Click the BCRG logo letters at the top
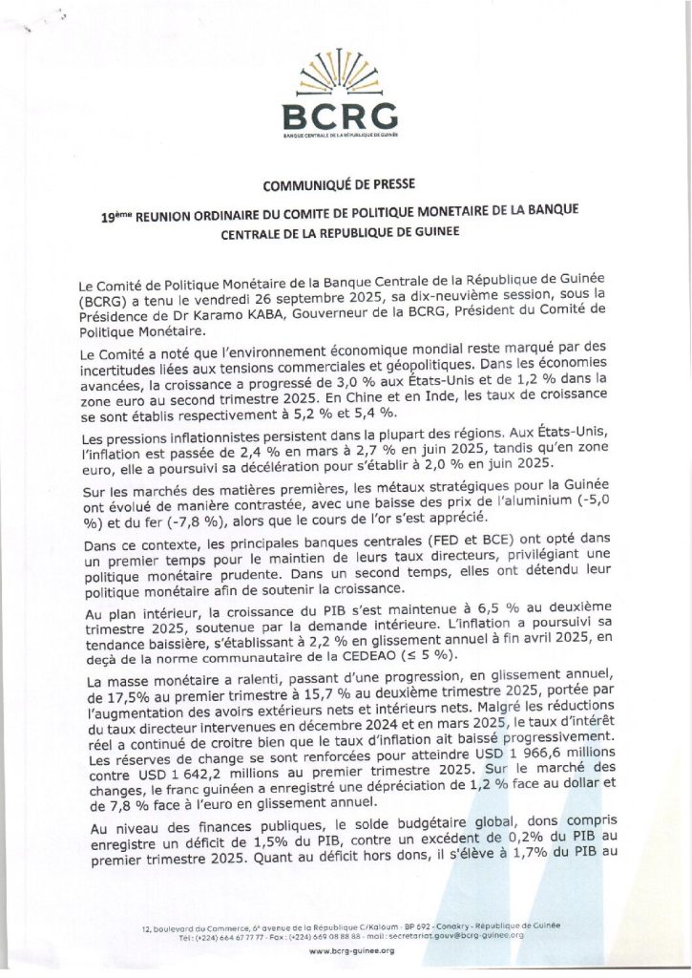341,116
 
